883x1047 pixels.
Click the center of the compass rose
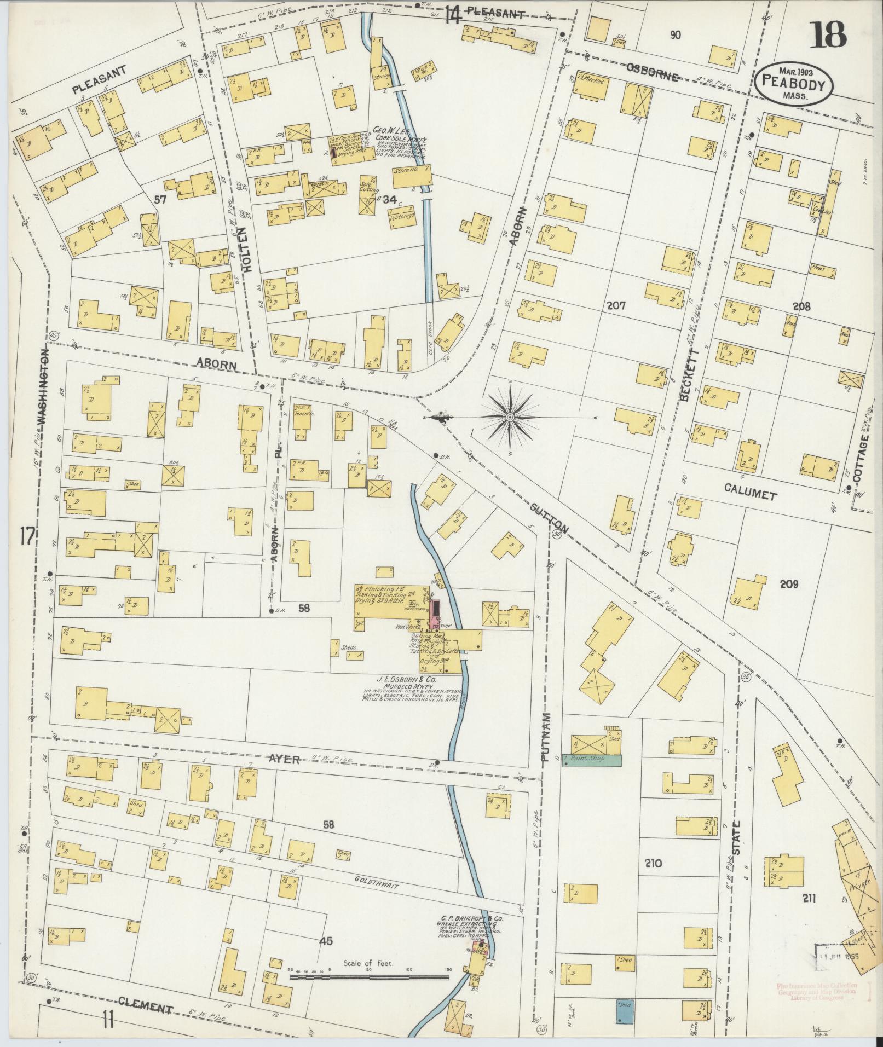click(x=510, y=418)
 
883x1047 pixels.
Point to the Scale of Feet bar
click(x=369, y=976)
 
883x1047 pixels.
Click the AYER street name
click(x=285, y=759)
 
